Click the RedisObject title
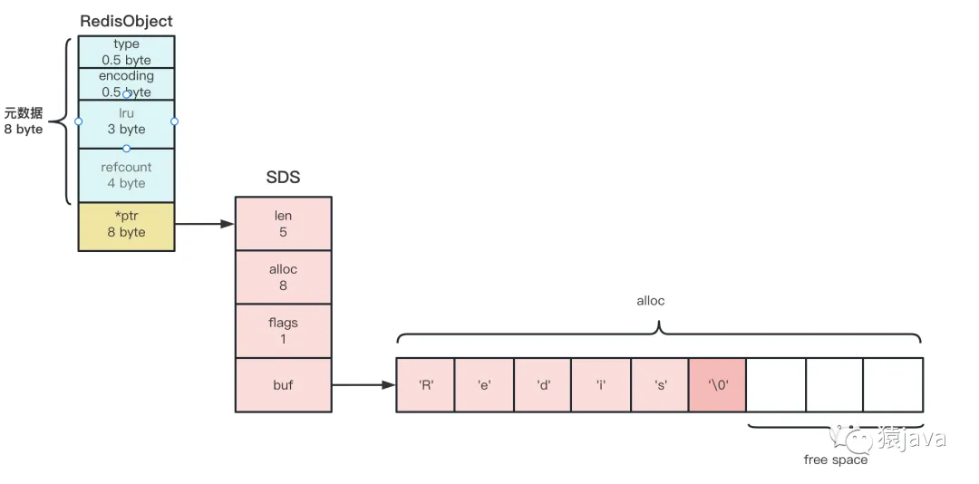pos(126,21)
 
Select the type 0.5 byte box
pos(126,52)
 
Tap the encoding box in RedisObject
pos(126,83)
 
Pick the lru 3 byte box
pos(126,123)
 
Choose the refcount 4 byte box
pos(126,175)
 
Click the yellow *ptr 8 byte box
pos(126,226)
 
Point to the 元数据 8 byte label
pos(24,121)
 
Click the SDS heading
pos(283,178)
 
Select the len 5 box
pos(283,223)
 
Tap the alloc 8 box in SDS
pos(283,276)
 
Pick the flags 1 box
pos(283,330)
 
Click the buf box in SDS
pos(283,384)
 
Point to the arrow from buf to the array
pos(363,384)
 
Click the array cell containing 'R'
pos(425,384)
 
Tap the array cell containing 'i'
pos(601,384)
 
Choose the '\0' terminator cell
pos(718,384)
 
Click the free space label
pos(835,460)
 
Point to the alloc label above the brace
pos(650,301)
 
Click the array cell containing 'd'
pos(542,384)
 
